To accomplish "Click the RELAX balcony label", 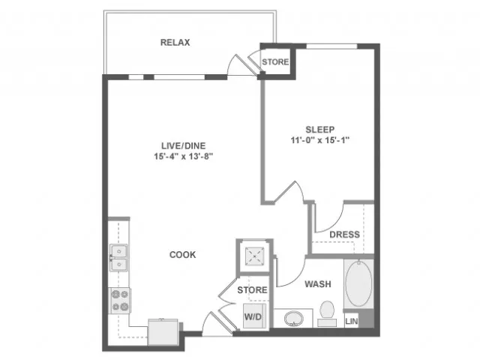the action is pyautogui.click(x=175, y=42).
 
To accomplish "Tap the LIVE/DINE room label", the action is pyautogui.click(x=183, y=145).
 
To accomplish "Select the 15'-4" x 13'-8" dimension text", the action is pyautogui.click(x=183, y=157).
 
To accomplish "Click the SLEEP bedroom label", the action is pyautogui.click(x=320, y=130).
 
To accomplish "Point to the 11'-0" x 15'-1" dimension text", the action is pyautogui.click(x=320, y=140).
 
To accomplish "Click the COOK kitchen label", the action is pyautogui.click(x=182, y=255).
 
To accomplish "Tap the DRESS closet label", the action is pyautogui.click(x=344, y=235).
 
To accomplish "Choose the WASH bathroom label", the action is pyautogui.click(x=318, y=284).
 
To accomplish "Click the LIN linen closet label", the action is pyautogui.click(x=352, y=321).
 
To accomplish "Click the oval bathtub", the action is pyautogui.click(x=358, y=283).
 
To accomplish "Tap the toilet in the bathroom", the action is pyautogui.click(x=327, y=313).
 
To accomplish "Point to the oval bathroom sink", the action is pyautogui.click(x=293, y=319).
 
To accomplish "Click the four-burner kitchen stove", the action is pyautogui.click(x=120, y=301).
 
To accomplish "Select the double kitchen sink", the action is pyautogui.click(x=118, y=258).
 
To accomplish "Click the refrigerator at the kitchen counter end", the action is pyautogui.click(x=163, y=332).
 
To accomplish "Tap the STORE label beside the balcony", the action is pyautogui.click(x=275, y=61).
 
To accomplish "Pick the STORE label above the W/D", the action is pyautogui.click(x=252, y=290).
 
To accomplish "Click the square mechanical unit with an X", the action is pyautogui.click(x=254, y=256).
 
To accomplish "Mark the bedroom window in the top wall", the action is pyautogui.click(x=331, y=46).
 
